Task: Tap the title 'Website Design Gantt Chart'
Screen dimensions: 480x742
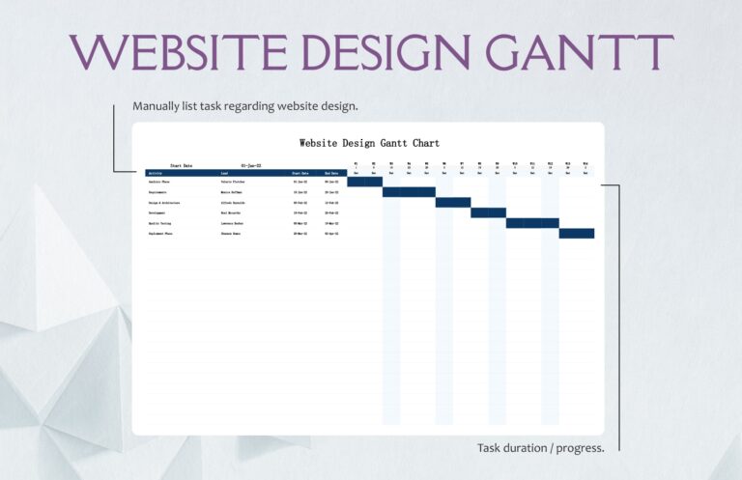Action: [369, 143]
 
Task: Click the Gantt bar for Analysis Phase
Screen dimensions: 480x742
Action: [364, 182]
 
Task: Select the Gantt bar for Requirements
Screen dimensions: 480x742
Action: [409, 192]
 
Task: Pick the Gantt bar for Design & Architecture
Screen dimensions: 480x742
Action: [453, 202]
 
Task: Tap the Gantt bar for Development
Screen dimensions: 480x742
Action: [488, 212]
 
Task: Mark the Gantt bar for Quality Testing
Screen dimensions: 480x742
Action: [532, 223]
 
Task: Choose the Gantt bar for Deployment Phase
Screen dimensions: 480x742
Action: [577, 233]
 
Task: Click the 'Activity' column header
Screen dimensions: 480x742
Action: [156, 173]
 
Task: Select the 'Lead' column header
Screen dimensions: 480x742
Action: [224, 173]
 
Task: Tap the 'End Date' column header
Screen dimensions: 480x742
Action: [330, 173]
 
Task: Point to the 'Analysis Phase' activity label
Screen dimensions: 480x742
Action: [159, 182]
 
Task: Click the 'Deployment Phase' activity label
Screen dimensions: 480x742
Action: [160, 233]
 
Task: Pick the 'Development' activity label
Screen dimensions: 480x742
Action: [157, 212]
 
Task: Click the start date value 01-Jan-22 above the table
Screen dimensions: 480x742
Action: [251, 165]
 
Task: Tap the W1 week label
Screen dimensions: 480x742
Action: [356, 163]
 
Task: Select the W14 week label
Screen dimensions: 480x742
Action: [585, 163]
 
